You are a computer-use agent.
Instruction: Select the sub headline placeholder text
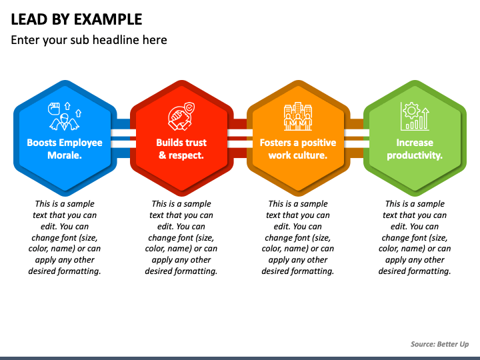(89, 40)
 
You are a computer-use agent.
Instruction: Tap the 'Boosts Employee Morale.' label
(65, 149)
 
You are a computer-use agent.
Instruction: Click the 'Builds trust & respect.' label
(181, 149)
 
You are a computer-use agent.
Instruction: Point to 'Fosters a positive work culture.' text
(298, 149)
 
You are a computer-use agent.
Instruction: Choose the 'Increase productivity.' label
(415, 149)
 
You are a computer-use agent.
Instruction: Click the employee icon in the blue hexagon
(64, 117)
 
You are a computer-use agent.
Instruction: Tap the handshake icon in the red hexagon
(181, 117)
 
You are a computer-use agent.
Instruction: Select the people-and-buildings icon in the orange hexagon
(298, 117)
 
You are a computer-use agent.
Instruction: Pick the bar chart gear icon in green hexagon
(415, 117)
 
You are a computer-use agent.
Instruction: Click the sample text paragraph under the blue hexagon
(65, 237)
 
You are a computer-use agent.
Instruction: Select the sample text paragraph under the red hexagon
(181, 237)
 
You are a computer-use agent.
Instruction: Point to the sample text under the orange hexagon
(298, 237)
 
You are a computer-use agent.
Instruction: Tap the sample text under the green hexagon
(415, 237)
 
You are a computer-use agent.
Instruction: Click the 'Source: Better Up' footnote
(439, 344)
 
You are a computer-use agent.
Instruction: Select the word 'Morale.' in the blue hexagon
(65, 155)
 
